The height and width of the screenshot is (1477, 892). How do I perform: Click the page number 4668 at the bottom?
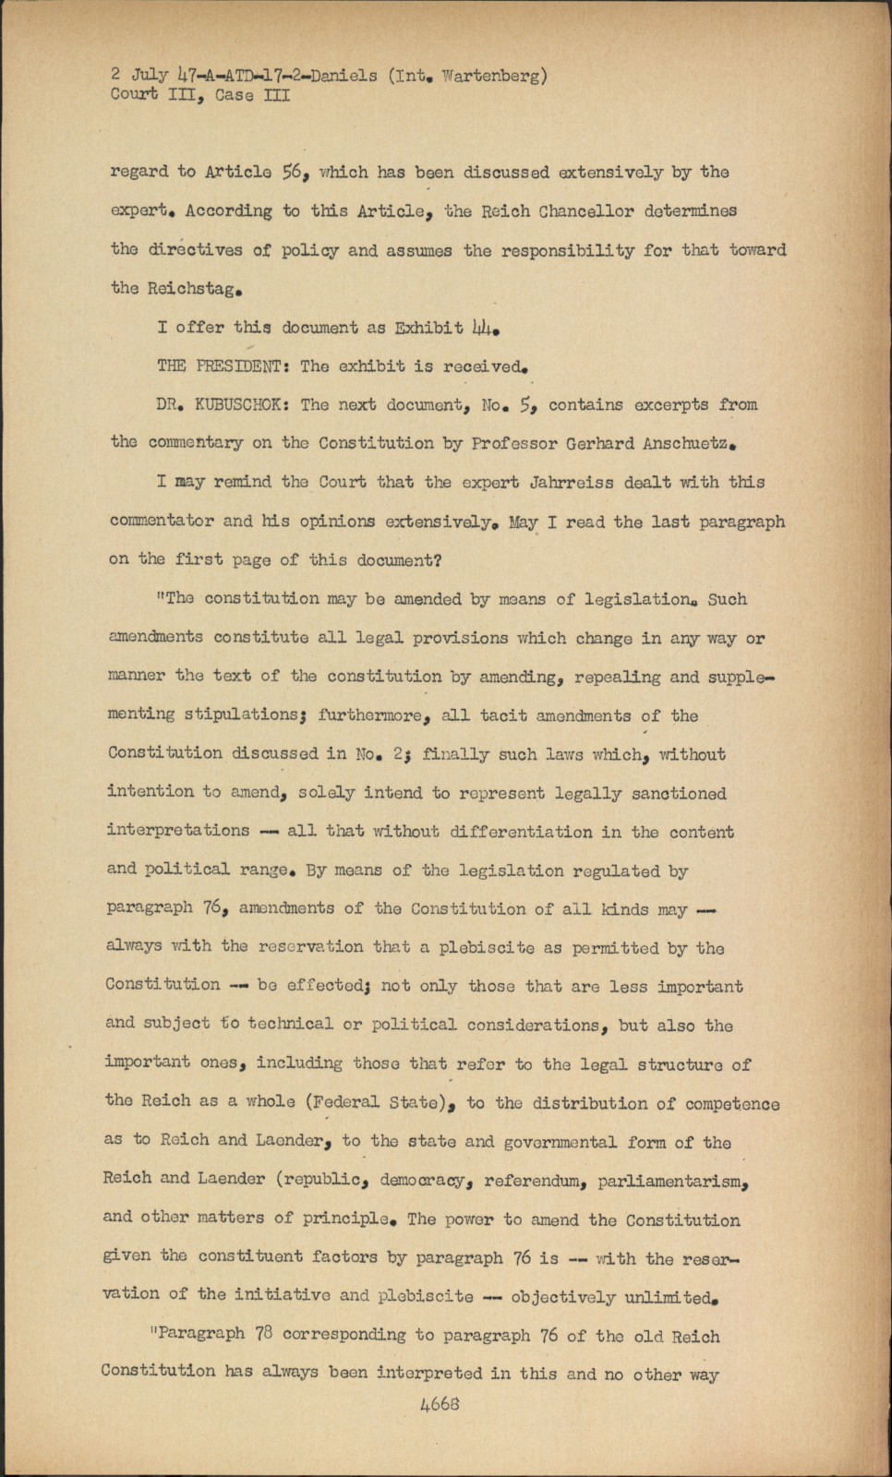(x=439, y=1404)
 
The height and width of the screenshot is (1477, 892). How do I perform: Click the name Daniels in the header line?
(x=344, y=76)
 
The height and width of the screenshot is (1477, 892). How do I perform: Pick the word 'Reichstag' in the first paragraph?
(x=195, y=288)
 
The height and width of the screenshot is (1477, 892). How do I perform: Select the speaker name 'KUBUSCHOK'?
(x=242, y=404)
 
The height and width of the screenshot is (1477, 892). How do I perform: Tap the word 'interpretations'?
(x=178, y=831)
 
